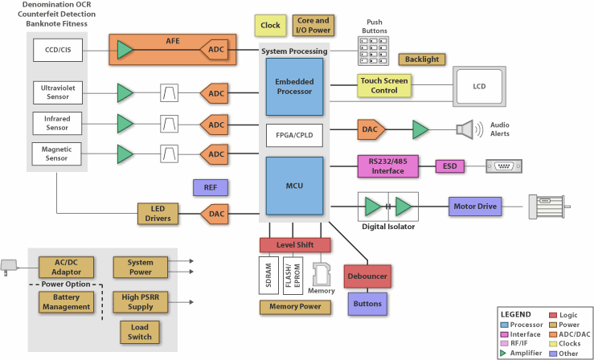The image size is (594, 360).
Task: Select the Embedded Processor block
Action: coord(294,87)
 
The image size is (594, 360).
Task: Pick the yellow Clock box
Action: coord(270,26)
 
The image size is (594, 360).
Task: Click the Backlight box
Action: coord(421,59)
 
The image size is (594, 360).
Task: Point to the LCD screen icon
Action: coord(480,85)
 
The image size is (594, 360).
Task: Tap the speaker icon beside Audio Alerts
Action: coord(467,129)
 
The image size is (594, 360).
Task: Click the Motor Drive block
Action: coord(473,207)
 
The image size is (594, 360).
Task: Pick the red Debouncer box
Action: coord(367,276)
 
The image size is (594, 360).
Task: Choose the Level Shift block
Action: coord(295,244)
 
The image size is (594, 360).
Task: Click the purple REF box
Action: coord(211,188)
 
